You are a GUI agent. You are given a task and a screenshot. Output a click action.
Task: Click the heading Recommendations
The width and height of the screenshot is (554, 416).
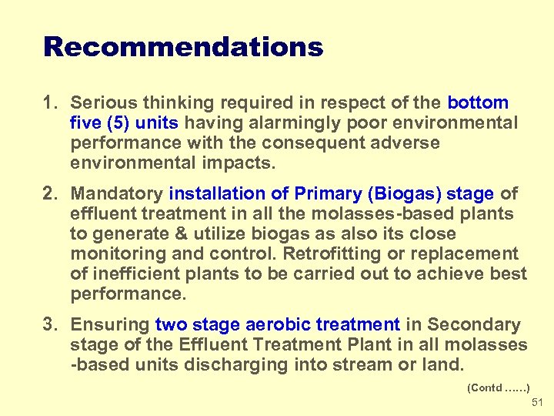(183, 48)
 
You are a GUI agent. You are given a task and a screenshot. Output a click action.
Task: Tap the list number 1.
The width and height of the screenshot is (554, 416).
(51, 102)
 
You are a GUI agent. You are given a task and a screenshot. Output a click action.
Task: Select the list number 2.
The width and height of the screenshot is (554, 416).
(51, 193)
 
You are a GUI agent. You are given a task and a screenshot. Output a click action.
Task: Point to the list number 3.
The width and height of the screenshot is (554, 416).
(51, 324)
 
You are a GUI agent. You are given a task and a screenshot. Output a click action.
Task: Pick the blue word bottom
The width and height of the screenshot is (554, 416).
(478, 102)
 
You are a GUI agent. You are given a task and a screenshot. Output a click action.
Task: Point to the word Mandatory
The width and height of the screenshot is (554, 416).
(117, 193)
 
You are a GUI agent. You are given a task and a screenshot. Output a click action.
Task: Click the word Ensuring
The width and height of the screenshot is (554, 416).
(110, 324)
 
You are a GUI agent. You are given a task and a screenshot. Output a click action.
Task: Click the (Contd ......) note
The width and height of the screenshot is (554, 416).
(499, 388)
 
